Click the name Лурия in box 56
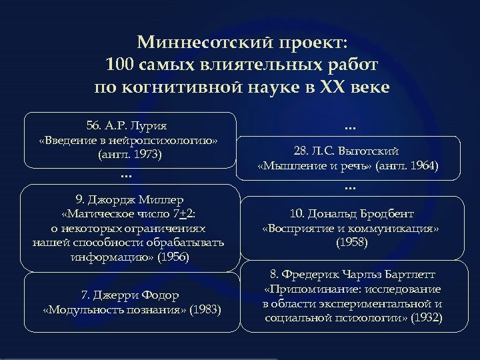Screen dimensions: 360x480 point(151,126)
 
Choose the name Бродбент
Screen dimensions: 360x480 point(386,215)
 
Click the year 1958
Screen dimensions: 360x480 point(351,243)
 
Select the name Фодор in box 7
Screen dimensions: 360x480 point(161,295)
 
